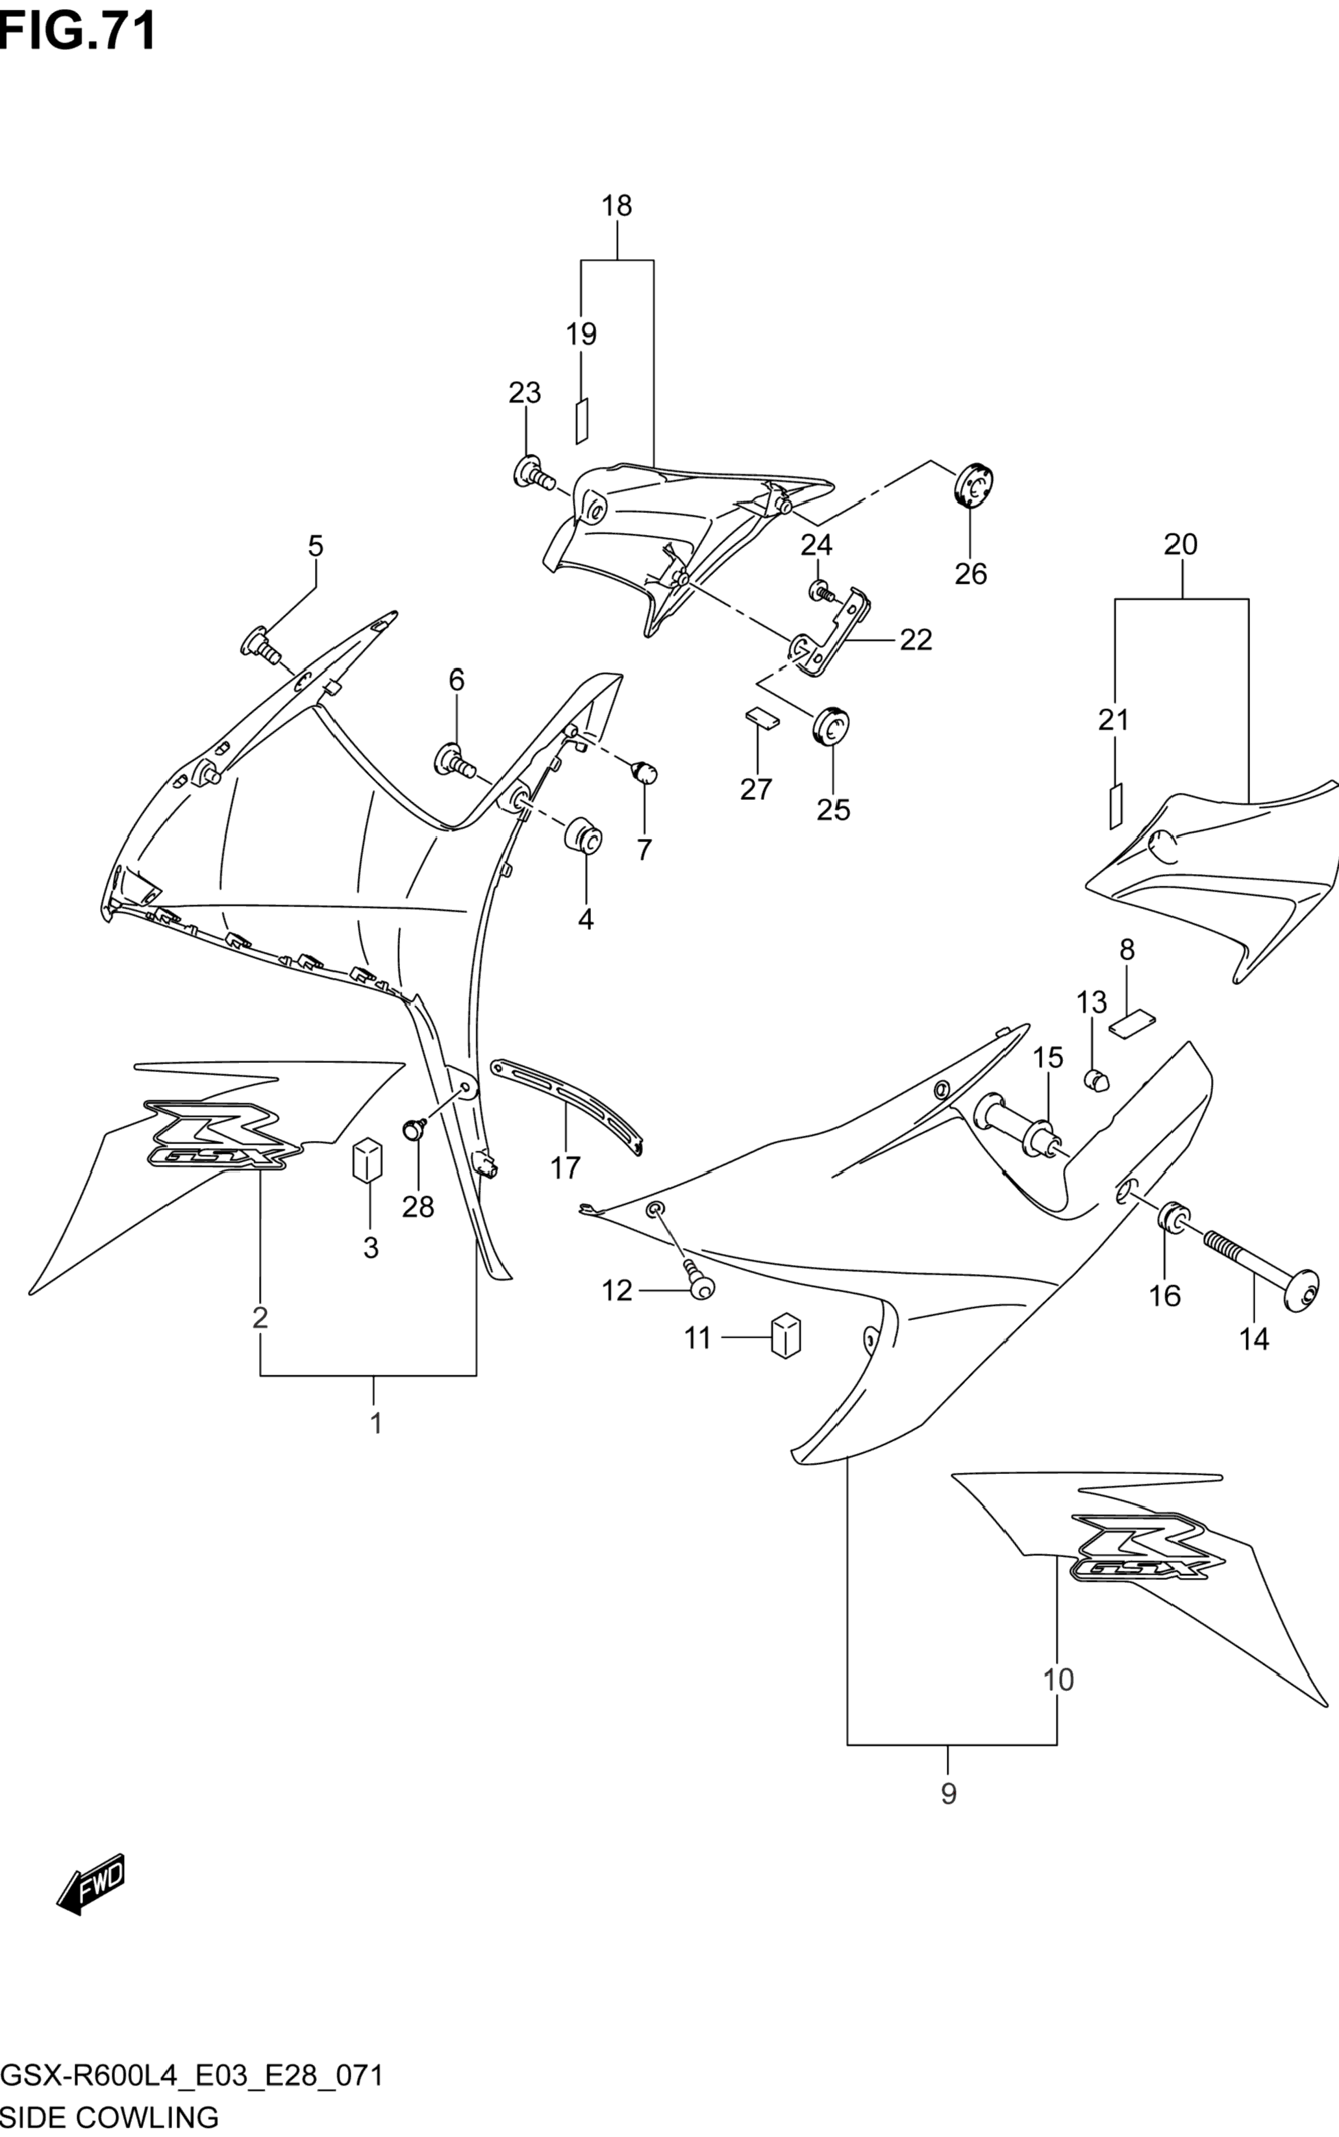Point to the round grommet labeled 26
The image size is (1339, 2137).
click(974, 484)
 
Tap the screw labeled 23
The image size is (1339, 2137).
click(534, 472)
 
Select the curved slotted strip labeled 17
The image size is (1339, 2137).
click(567, 1106)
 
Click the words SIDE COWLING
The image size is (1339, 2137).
click(110, 2118)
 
